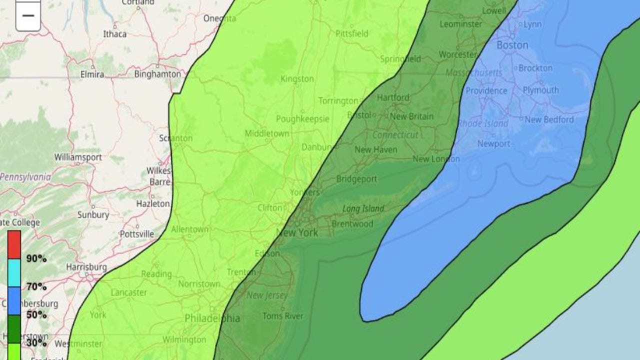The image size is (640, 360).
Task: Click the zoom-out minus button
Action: click(28, 15)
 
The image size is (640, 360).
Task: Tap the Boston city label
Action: click(512, 45)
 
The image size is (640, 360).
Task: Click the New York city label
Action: click(297, 232)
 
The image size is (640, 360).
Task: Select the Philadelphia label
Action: click(212, 318)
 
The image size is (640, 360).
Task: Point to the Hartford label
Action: click(393, 97)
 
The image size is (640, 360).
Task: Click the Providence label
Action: click(486, 91)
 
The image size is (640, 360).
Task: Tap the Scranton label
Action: click(175, 138)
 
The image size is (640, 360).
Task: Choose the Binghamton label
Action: click(157, 74)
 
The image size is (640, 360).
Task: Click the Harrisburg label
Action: click(86, 267)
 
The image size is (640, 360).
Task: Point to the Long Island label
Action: click(363, 208)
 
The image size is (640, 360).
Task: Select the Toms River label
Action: click(282, 316)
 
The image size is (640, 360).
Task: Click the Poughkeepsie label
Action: click(302, 119)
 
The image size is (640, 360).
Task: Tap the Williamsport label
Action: click(78, 157)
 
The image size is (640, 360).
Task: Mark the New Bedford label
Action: click(549, 119)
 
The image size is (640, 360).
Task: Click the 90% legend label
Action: click(36, 258)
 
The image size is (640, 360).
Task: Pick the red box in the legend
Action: click(14, 244)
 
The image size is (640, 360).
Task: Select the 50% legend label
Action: click(36, 314)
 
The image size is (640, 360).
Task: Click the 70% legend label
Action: click(36, 286)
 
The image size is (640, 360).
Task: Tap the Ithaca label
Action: click(114, 34)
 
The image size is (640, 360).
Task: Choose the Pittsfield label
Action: click(351, 33)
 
